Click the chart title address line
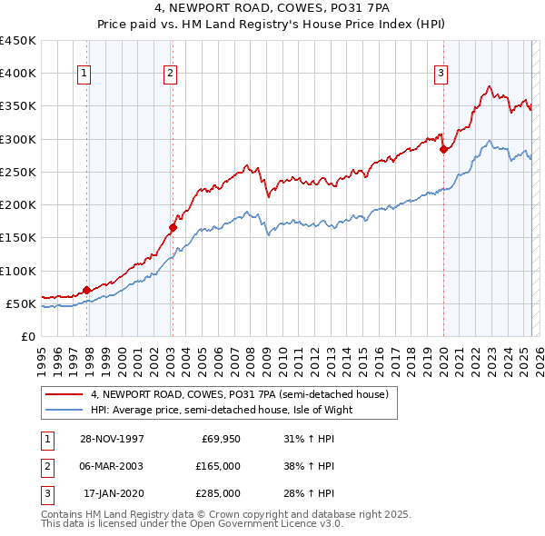(x=272, y=9)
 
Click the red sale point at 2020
(x=443, y=149)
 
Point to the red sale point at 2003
(x=172, y=228)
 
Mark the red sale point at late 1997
(x=87, y=291)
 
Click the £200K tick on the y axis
(x=18, y=205)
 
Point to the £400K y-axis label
(x=18, y=74)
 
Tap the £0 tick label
(x=28, y=337)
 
